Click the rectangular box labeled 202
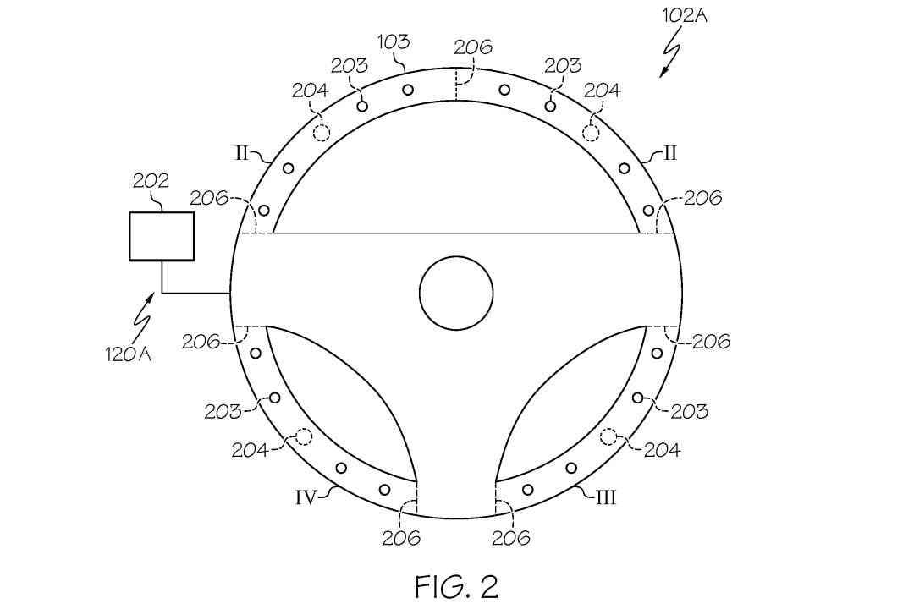click(x=162, y=236)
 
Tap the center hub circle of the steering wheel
click(x=456, y=293)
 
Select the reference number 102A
click(x=685, y=14)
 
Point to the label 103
click(x=393, y=42)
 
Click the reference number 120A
click(x=129, y=354)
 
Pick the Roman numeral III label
click(x=606, y=497)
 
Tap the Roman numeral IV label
click(x=306, y=497)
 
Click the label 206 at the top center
click(x=473, y=47)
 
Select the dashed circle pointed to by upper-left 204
click(x=322, y=131)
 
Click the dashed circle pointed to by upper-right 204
click(x=591, y=131)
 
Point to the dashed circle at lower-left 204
click(x=302, y=436)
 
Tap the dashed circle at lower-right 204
click(x=608, y=436)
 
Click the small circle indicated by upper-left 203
click(x=362, y=106)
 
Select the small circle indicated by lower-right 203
click(x=637, y=397)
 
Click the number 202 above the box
click(x=151, y=181)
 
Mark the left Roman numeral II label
click(x=241, y=153)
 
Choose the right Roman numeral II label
click(x=670, y=153)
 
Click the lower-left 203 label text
click(x=222, y=412)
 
